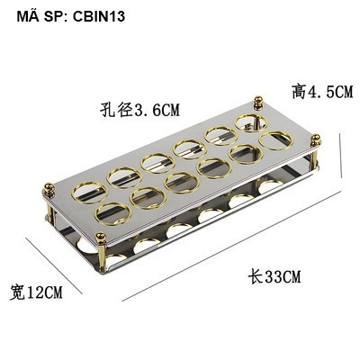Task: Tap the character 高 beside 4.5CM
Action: click(x=298, y=91)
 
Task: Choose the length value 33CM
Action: click(x=274, y=276)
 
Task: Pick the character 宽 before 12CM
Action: click(x=18, y=292)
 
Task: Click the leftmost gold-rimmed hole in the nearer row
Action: click(x=111, y=212)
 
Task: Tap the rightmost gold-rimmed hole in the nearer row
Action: click(x=276, y=140)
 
